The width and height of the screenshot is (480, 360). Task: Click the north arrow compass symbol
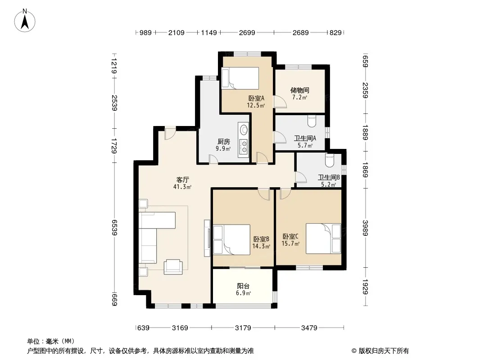(25, 21)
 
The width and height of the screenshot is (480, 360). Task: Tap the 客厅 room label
(182, 180)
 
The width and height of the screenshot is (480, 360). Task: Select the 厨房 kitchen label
(223, 142)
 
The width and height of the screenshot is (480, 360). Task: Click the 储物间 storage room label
(300, 90)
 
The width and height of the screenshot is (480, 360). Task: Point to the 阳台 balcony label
(243, 286)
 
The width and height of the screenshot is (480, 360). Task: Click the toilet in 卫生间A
(312, 121)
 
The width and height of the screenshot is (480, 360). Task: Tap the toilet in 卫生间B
(330, 161)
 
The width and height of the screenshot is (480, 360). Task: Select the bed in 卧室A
(240, 78)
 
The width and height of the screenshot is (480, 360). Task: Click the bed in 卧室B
(232, 240)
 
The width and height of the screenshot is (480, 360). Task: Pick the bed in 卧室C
(323, 238)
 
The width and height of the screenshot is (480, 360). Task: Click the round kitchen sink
(244, 130)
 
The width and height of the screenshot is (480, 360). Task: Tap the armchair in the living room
(173, 266)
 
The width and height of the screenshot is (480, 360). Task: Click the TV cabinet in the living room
(207, 238)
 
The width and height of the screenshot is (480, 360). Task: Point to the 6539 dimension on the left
(114, 228)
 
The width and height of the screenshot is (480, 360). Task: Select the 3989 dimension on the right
(365, 228)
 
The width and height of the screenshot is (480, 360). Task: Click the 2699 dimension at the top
(247, 33)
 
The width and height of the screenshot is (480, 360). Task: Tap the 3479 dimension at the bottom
(309, 328)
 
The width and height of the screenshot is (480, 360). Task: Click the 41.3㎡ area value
(182, 187)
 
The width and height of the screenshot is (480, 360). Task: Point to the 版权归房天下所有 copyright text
(384, 351)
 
